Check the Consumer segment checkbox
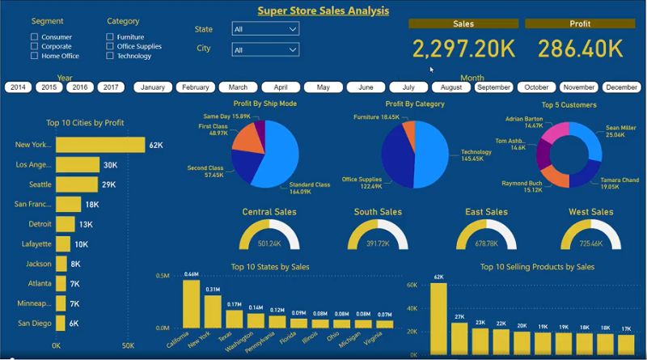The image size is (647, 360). point(34,37)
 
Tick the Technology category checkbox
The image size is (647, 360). point(109,57)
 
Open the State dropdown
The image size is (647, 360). point(265,29)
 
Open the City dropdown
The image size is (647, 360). point(265,50)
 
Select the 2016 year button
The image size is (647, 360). point(80,87)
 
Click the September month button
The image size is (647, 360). point(493,87)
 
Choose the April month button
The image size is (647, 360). point(281,87)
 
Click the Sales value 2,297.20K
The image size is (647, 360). point(463,49)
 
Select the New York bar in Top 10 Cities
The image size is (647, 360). point(99,145)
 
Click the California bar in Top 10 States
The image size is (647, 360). point(192,303)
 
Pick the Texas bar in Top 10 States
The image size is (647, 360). point(235,318)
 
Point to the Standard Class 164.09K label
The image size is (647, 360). point(310,188)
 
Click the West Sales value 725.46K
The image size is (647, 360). point(590,243)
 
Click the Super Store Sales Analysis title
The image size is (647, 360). point(323,11)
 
